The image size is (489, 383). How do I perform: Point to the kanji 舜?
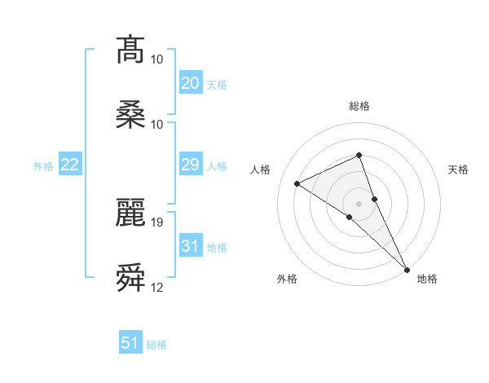[130, 278]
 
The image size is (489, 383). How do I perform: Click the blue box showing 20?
[190, 83]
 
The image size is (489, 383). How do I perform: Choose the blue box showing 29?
[190, 165]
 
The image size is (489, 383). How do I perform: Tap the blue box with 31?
[190, 246]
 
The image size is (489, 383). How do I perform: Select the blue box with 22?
[70, 165]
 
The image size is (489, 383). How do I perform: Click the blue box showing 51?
[130, 343]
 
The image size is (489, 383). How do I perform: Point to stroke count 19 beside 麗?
[157, 222]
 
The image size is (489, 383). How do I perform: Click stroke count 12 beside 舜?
[157, 288]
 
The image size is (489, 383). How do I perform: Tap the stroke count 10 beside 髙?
[157, 59]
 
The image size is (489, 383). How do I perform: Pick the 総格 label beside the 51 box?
[156, 345]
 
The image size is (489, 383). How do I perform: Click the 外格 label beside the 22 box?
[43, 166]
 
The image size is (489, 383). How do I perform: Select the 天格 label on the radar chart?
[458, 169]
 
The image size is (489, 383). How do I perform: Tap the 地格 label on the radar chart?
[427, 279]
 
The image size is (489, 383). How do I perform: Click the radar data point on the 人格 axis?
[297, 183]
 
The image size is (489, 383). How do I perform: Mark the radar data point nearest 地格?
[407, 269]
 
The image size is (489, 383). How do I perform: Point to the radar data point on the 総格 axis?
[359, 155]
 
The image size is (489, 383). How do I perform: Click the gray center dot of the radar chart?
[359, 203]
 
